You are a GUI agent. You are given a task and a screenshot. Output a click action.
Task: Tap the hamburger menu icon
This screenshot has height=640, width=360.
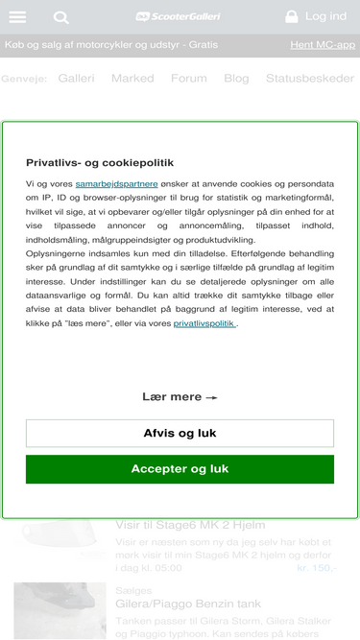(x=17, y=17)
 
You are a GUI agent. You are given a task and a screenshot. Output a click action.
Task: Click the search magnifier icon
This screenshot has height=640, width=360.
(x=61, y=17)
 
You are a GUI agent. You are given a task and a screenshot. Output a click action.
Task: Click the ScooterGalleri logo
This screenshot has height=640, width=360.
(x=179, y=16)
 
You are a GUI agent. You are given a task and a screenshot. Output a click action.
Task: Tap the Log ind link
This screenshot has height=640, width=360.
(x=325, y=16)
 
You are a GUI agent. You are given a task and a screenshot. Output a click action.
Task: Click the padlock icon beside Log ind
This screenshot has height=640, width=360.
(x=292, y=16)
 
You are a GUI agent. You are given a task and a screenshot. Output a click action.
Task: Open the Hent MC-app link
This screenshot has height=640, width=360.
(x=322, y=44)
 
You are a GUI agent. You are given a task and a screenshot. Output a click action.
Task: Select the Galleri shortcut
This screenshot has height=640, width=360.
(x=76, y=79)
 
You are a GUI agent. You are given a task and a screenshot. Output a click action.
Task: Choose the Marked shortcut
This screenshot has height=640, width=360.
(x=132, y=79)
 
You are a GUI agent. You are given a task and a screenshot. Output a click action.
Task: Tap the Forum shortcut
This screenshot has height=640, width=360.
(x=188, y=79)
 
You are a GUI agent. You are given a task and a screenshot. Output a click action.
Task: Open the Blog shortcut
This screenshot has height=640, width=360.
(x=236, y=79)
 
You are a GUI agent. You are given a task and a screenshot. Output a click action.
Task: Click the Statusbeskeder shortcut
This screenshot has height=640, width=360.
(x=310, y=79)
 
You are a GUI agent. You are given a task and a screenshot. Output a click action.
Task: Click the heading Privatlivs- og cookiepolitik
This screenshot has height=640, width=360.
(x=100, y=162)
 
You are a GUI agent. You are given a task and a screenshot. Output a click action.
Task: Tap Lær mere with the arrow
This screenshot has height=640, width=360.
(x=180, y=396)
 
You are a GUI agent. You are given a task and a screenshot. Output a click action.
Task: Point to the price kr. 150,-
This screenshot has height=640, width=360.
(x=317, y=567)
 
